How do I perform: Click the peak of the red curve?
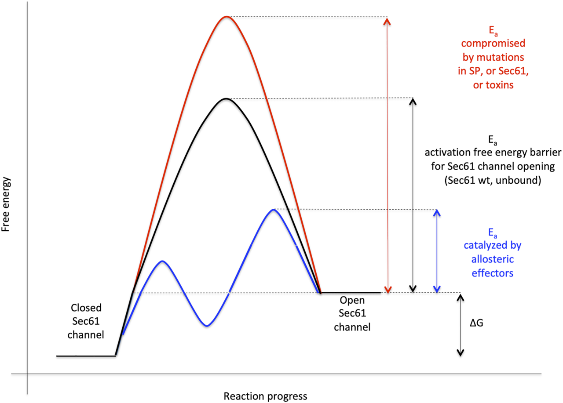[226, 17]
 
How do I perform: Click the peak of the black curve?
[226, 98]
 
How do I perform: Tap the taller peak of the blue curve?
[274, 209]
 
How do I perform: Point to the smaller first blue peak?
[163, 261]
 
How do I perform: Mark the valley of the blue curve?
[207, 326]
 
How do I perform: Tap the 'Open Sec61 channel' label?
[352, 313]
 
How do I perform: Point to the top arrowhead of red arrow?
[387, 20]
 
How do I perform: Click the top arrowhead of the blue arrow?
[437, 212]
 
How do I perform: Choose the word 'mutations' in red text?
[499, 57]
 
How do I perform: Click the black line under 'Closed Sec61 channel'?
[86, 356]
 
